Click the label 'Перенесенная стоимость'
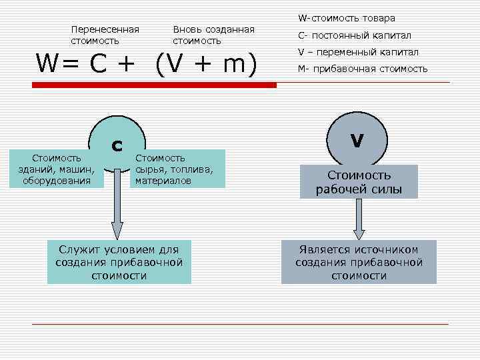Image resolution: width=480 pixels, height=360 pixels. [x=105, y=35]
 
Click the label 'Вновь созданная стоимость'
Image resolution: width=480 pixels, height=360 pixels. [x=213, y=35]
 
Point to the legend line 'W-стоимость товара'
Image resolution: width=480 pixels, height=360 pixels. [x=346, y=18]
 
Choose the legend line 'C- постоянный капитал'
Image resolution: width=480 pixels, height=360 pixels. [x=353, y=35]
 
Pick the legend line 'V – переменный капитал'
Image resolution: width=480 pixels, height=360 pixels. [x=357, y=52]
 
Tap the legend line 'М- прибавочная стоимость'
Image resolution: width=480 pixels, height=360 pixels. [x=362, y=69]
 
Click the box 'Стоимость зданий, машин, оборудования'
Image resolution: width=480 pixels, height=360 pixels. [x=57, y=169]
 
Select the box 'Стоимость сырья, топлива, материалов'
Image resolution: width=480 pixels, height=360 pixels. [x=176, y=169]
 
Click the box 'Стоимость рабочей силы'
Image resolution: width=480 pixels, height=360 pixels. [x=359, y=182]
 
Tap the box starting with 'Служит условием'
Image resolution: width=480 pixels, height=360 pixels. [x=119, y=262]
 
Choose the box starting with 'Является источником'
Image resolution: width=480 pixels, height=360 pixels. [x=359, y=262]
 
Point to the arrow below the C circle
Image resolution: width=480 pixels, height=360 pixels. [x=117, y=213]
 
